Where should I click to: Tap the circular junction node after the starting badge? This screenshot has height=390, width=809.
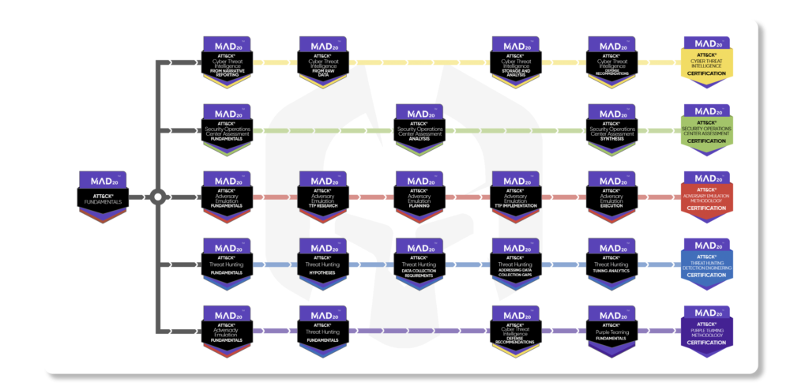[x=157, y=197]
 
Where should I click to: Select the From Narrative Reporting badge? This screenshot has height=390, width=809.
[x=226, y=61]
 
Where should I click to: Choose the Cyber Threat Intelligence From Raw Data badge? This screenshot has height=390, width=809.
[x=322, y=61]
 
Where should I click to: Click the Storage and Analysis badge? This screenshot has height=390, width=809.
[x=515, y=61]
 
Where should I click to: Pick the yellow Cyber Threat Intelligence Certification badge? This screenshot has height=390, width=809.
[x=707, y=61]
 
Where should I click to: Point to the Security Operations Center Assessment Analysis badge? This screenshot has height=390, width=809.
[x=419, y=129]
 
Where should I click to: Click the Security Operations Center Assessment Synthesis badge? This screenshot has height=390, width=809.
[x=611, y=129]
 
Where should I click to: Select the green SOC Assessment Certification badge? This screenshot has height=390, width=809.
[x=707, y=129]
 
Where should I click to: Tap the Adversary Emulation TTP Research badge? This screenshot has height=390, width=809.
[x=322, y=196]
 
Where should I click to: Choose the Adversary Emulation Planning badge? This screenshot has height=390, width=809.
[x=419, y=196]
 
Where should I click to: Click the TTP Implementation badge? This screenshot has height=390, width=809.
[x=515, y=196]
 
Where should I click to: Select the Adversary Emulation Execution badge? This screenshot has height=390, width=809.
[x=611, y=196]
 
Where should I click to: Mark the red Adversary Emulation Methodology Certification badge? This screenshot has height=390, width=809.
[x=707, y=196]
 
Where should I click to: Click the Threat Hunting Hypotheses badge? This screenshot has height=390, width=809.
[x=322, y=263]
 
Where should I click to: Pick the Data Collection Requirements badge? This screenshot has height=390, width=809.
[x=419, y=263]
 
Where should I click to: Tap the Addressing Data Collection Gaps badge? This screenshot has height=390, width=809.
[x=515, y=263]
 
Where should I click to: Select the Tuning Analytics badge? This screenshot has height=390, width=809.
[x=611, y=263]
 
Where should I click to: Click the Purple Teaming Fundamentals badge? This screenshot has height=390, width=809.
[x=611, y=330]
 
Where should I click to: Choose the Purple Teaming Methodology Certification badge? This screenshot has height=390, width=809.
[x=707, y=330]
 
